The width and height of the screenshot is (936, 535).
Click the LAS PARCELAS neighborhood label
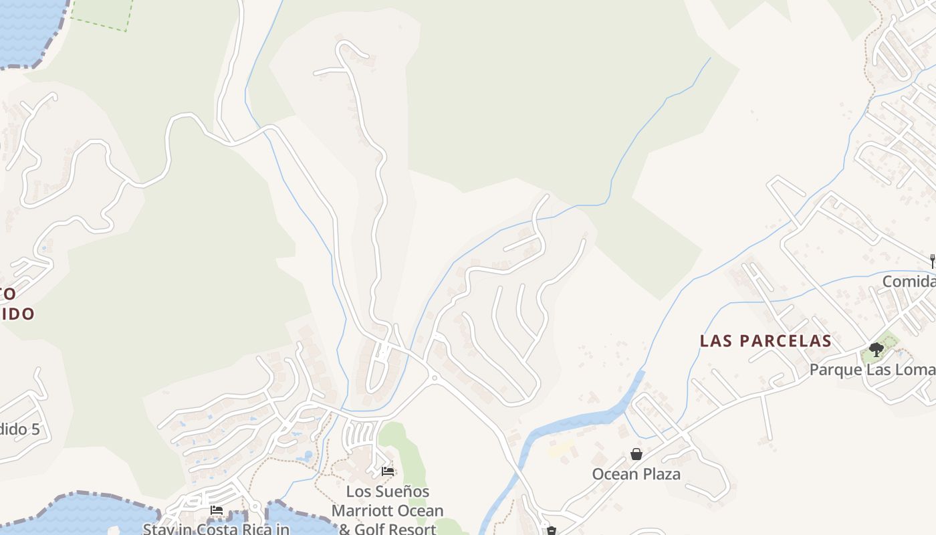click(x=766, y=341)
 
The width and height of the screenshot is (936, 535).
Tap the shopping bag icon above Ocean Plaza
click(x=636, y=454)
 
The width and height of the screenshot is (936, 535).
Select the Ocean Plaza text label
click(x=636, y=474)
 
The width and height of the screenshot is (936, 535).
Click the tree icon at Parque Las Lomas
click(x=876, y=349)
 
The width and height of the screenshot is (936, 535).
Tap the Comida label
click(x=909, y=282)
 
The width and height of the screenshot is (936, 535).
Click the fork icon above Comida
click(x=932, y=261)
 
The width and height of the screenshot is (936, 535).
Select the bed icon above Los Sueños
click(x=388, y=471)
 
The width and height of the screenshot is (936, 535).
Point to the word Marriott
click(x=365, y=511)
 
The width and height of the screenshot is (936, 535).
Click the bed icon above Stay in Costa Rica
click(x=217, y=510)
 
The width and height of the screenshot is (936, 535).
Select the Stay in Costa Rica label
click(x=216, y=529)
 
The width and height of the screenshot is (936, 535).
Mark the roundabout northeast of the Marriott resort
click(x=434, y=378)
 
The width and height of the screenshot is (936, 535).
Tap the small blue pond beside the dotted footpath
click(x=308, y=457)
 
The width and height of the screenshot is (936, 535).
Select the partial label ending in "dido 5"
click(x=19, y=429)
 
